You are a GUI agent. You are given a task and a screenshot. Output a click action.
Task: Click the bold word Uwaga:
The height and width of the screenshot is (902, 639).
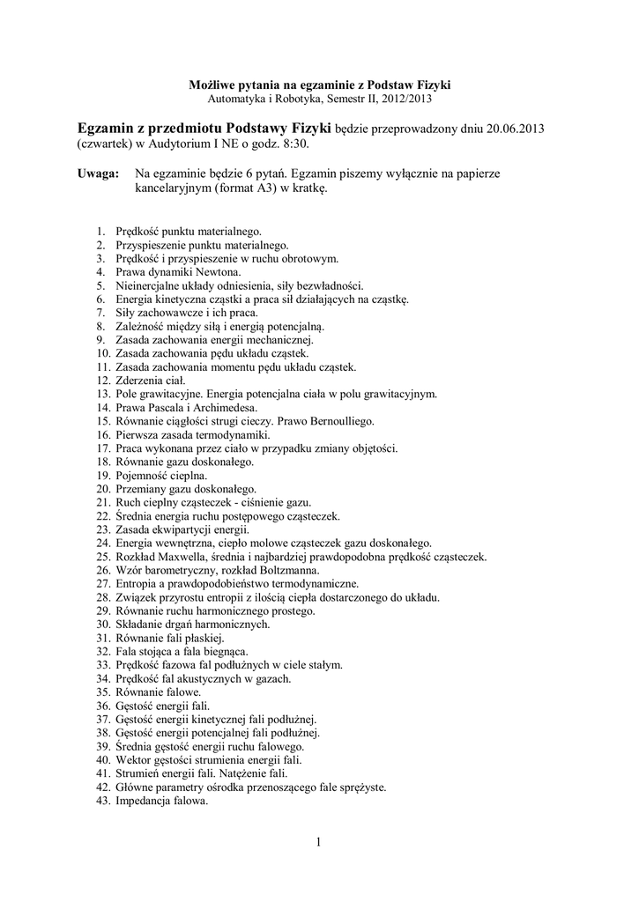click(99, 174)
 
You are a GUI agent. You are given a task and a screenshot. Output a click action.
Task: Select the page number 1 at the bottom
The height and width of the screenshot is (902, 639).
click(318, 843)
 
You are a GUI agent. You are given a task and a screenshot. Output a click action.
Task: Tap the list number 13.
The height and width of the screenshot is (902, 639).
click(102, 395)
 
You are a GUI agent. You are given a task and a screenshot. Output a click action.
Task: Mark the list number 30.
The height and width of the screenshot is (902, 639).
click(102, 625)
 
